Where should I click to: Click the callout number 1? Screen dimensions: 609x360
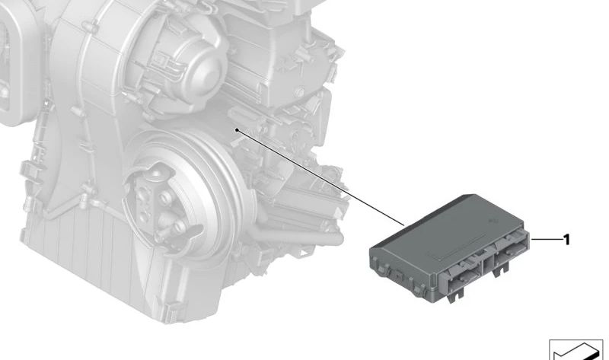point(566,240)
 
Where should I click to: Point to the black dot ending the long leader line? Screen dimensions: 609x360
point(237,129)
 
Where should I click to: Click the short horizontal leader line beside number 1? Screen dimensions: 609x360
point(547,240)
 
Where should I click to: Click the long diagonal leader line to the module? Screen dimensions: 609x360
point(320,177)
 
